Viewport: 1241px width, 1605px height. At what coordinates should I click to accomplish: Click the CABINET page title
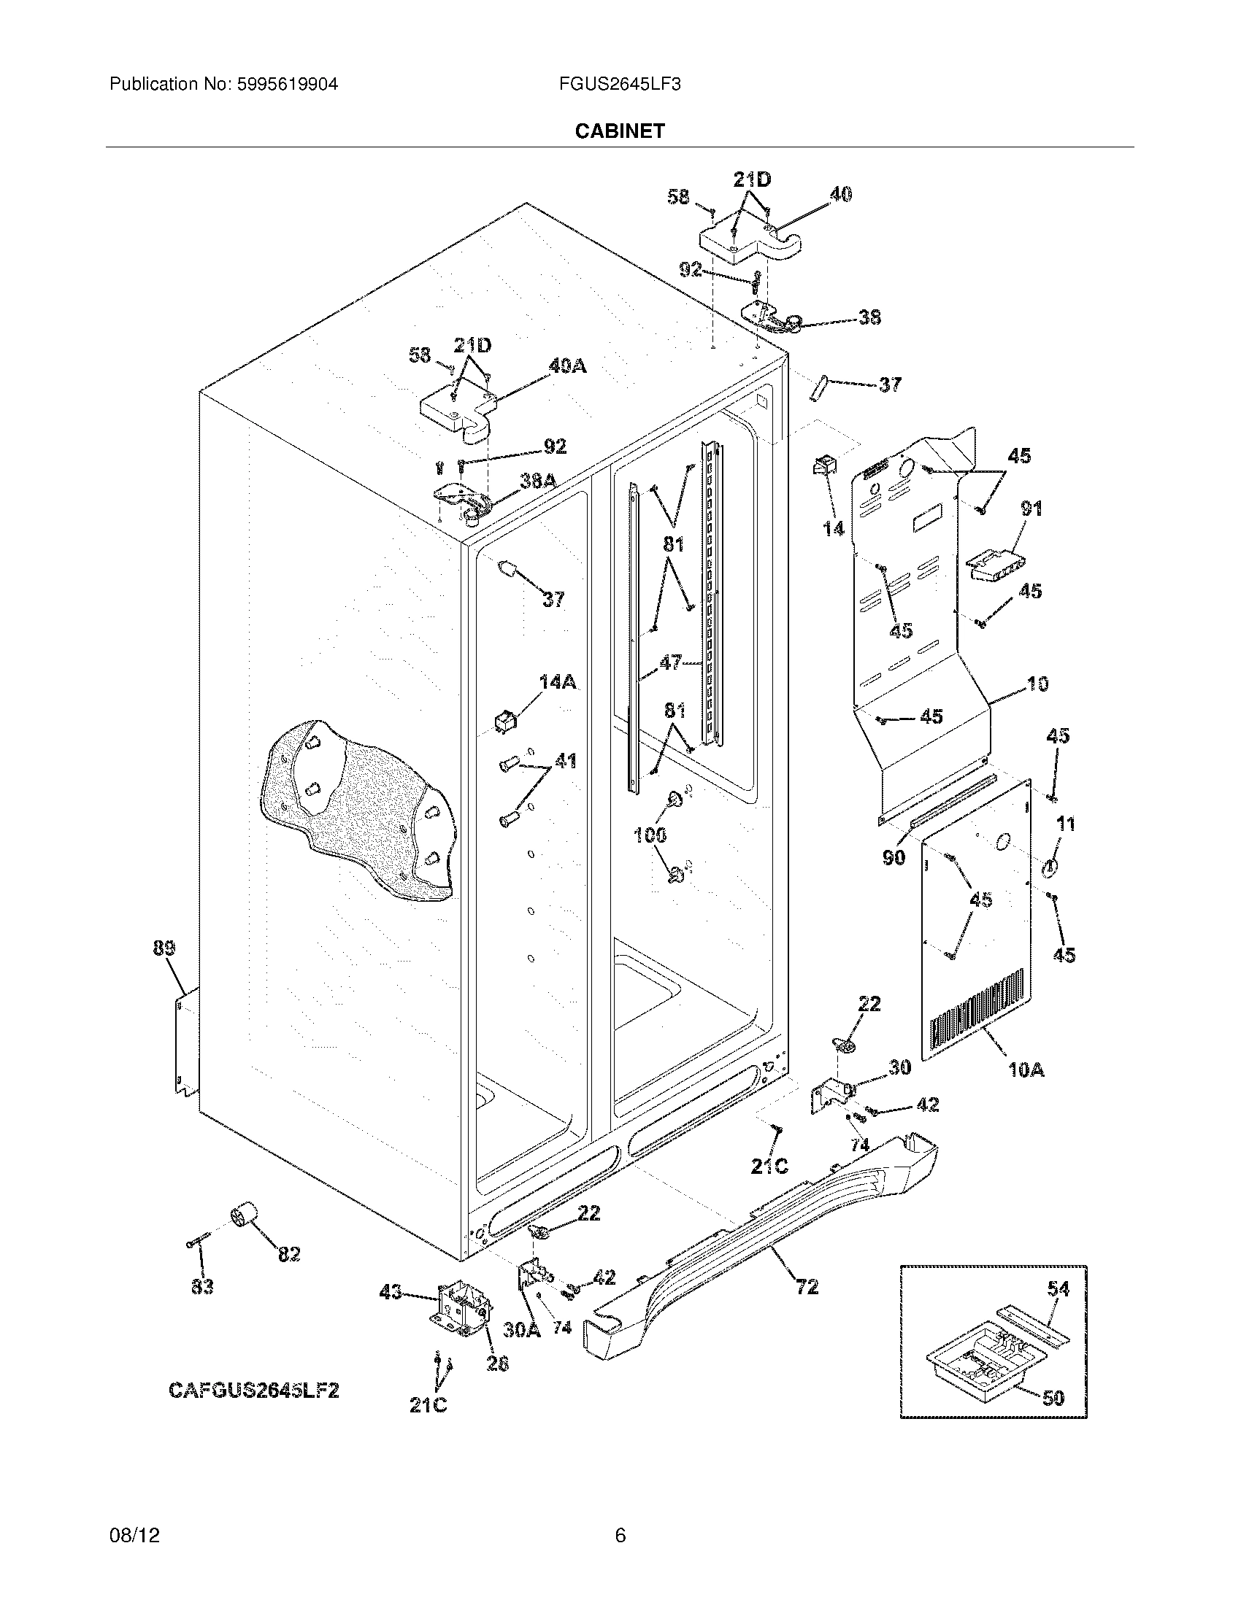619,131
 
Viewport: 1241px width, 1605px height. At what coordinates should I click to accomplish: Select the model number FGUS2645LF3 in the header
619,84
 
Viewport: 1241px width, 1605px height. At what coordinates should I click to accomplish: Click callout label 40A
566,366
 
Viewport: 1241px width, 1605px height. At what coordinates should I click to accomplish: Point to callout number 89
164,948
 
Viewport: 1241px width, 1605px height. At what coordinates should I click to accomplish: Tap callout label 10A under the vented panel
1026,1070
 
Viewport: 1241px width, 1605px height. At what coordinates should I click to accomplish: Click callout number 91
1031,508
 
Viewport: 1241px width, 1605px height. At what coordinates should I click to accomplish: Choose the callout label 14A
556,681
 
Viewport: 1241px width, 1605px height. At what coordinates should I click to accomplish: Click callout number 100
650,834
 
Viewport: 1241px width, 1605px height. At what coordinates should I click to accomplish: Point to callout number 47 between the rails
669,662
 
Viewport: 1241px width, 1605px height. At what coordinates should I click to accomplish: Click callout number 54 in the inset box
1058,1288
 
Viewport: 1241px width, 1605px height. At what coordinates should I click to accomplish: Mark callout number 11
1065,824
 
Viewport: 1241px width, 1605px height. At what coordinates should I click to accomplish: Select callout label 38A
537,481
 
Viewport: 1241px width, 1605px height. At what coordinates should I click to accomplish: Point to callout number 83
202,1286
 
